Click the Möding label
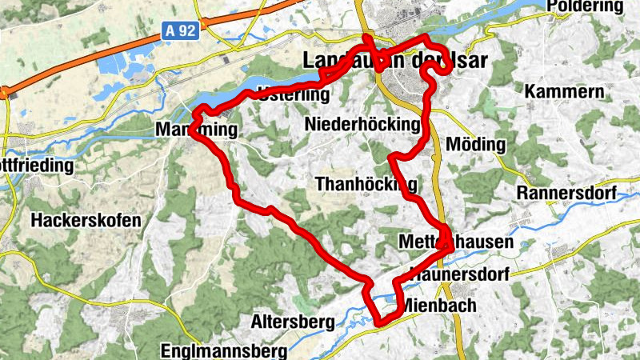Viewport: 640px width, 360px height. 478,145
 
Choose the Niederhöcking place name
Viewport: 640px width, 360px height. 362,124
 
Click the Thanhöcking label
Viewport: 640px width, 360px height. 367,184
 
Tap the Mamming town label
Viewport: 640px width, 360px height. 197,130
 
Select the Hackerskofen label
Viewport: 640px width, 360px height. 86,219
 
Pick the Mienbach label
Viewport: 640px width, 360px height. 439,306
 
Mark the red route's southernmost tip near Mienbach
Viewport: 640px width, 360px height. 382,323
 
